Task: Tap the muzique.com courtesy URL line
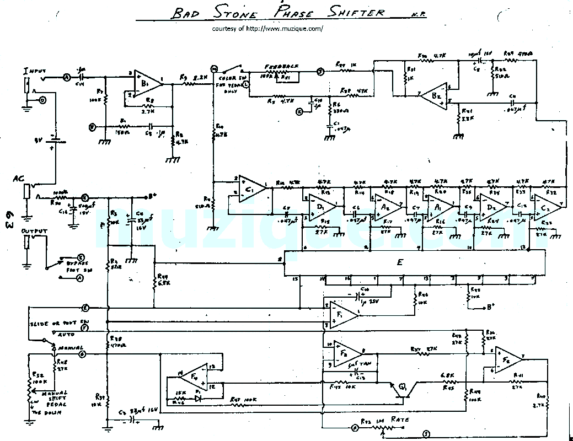click(267, 29)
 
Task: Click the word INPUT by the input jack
click(35, 72)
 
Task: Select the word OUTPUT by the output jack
click(34, 232)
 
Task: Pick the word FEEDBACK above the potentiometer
click(281, 66)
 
